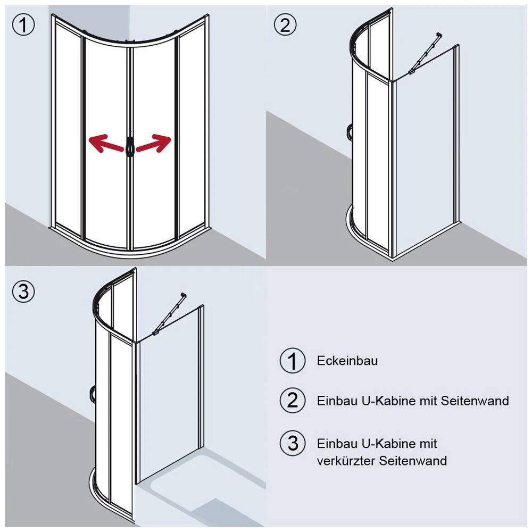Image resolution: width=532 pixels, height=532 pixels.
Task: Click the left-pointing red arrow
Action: (103, 144)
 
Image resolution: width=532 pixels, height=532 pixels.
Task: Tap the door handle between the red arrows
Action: (129, 146)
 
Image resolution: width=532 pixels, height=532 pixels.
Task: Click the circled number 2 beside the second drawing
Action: (285, 25)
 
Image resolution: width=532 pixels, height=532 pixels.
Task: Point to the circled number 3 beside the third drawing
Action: (23, 291)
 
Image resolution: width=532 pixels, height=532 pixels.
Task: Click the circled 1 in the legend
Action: (292, 361)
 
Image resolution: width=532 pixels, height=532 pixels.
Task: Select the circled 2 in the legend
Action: (292, 400)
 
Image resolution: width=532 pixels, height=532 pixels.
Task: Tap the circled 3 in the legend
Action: (292, 443)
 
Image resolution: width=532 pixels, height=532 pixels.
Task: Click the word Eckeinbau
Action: (347, 361)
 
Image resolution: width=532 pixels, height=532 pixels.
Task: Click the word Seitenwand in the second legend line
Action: (475, 401)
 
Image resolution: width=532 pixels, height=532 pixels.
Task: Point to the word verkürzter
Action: (346, 461)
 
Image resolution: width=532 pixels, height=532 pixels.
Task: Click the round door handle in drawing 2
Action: (349, 132)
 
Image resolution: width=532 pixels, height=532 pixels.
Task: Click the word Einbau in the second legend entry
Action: (334, 401)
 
